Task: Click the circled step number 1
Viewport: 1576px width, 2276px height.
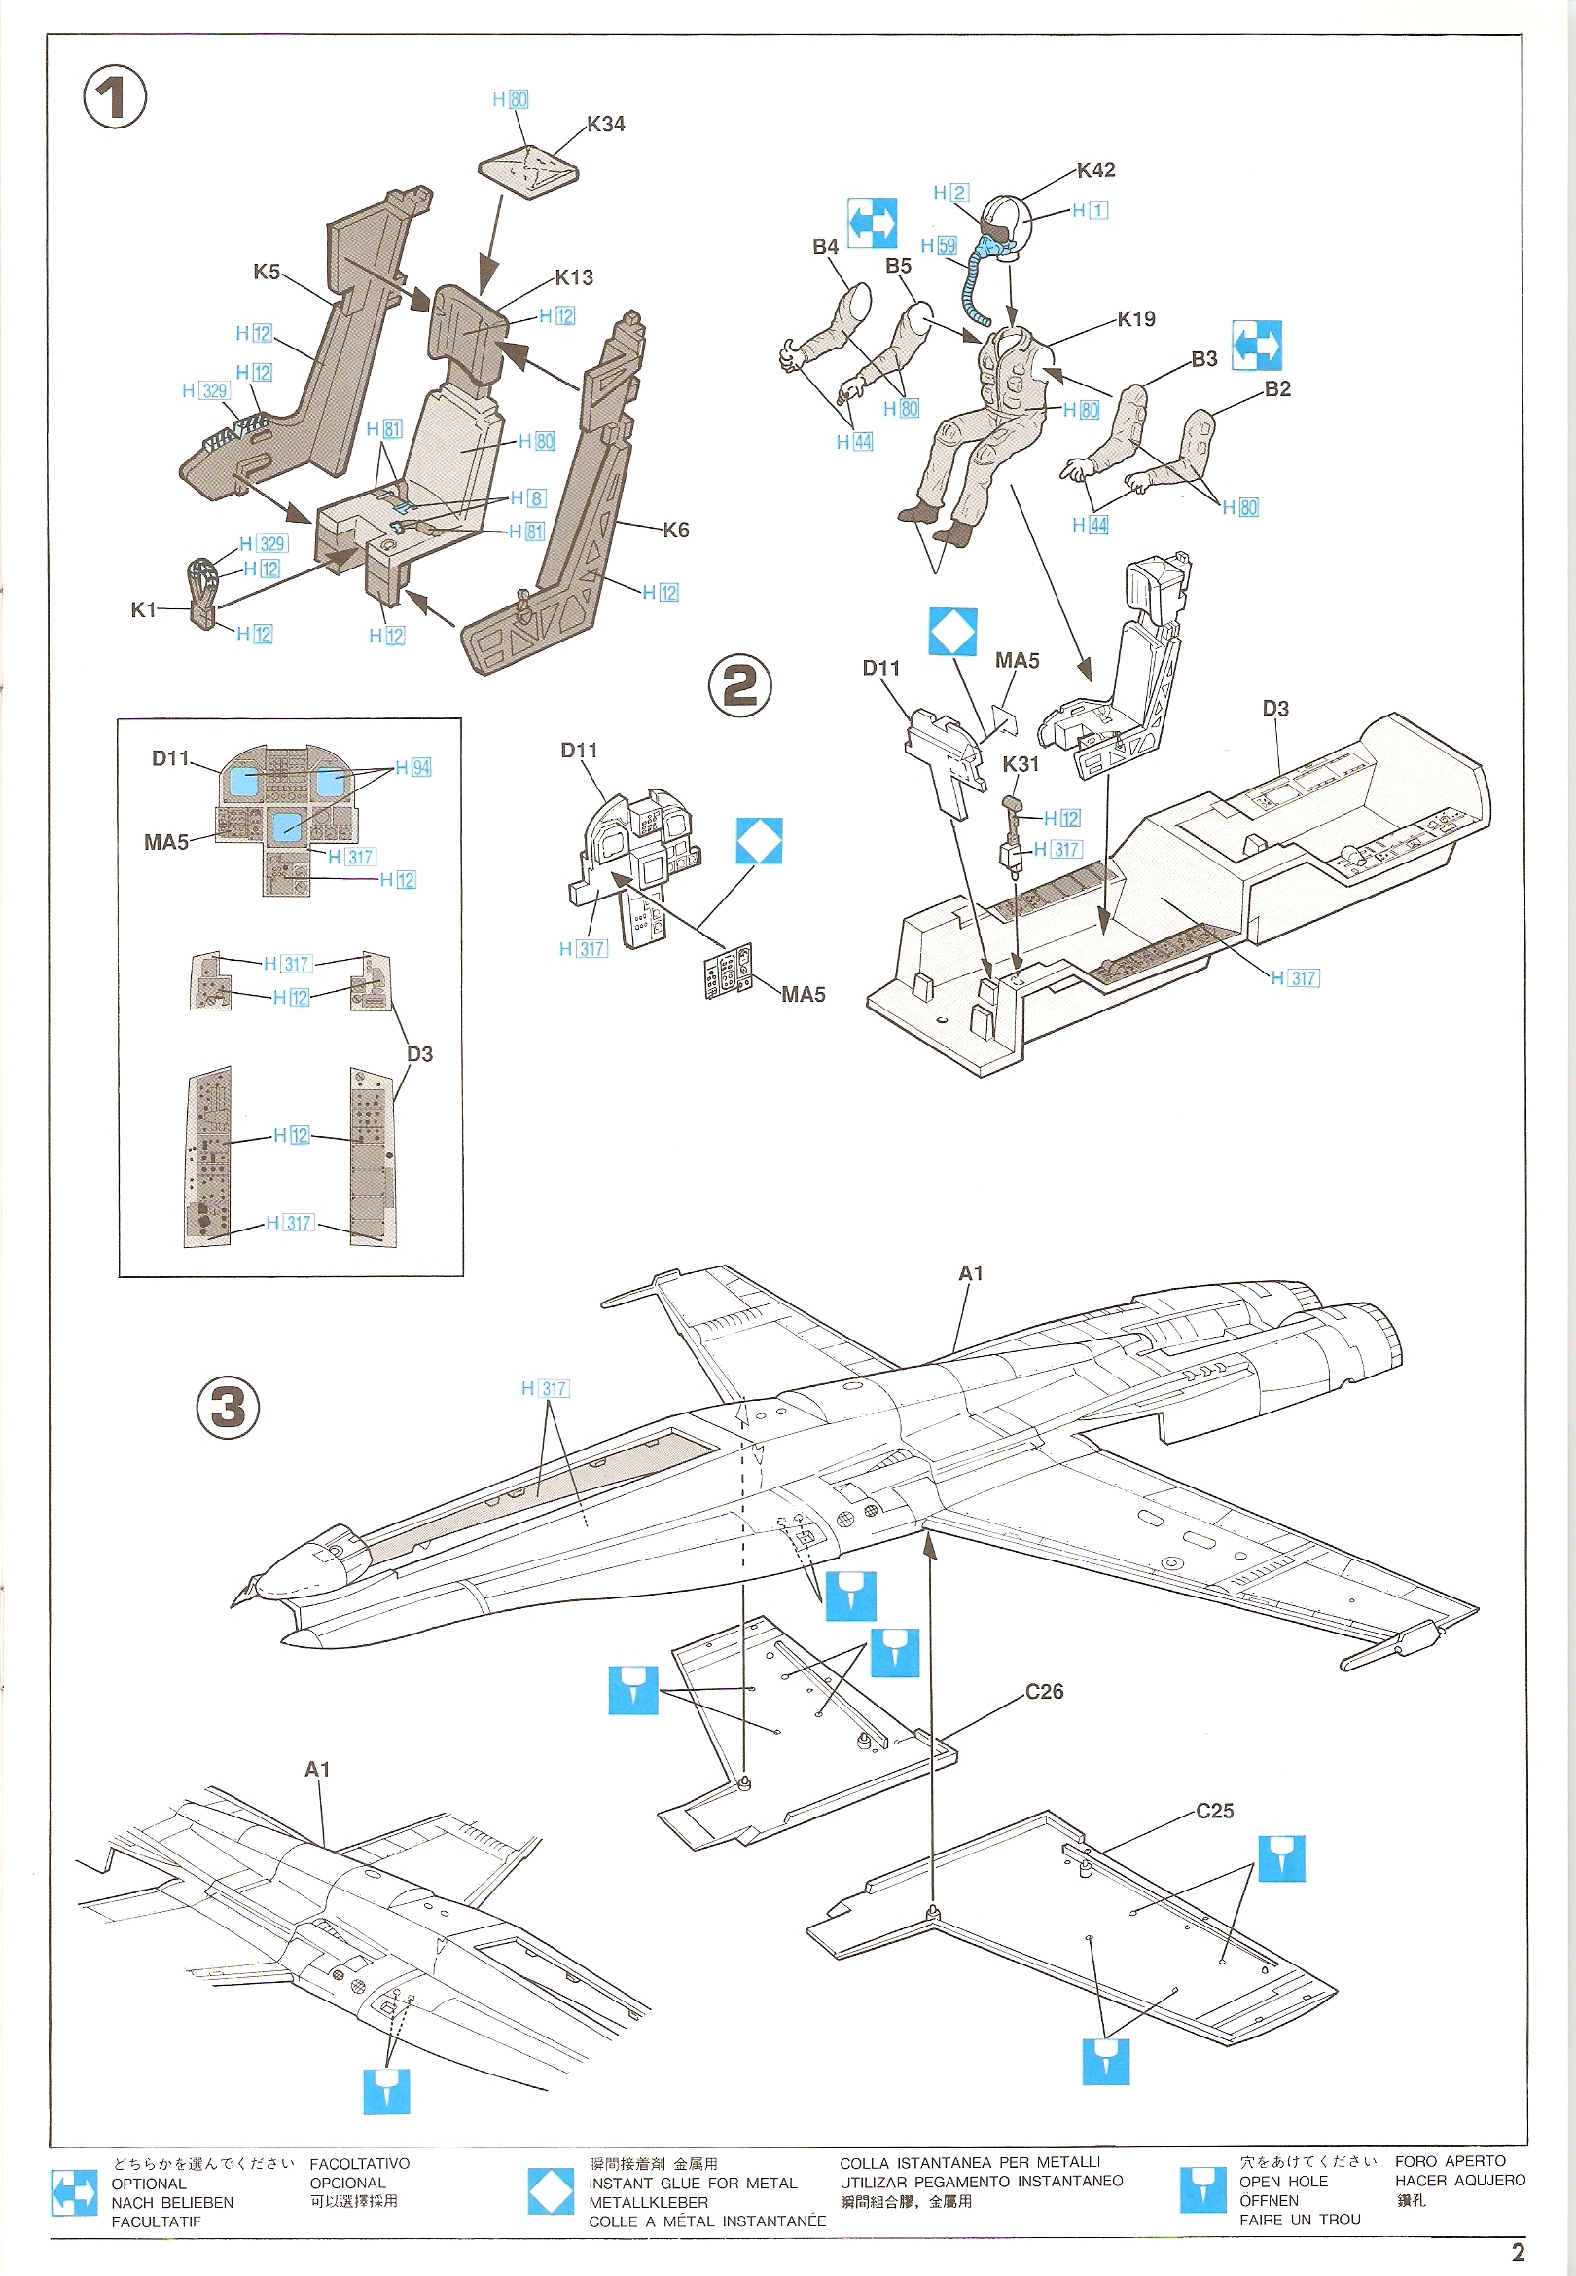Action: tap(115, 96)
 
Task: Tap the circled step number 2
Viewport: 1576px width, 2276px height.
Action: tap(739, 684)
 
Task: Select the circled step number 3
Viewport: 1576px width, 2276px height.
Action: tap(228, 1407)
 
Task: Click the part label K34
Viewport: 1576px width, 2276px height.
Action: tap(605, 125)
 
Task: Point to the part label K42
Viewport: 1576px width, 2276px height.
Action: tap(1095, 170)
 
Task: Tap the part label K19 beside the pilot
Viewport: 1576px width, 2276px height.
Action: tap(1135, 319)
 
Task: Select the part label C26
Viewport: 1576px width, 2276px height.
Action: tap(1044, 1691)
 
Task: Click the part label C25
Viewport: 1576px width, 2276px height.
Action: tap(1213, 1811)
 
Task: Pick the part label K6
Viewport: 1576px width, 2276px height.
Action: tap(675, 531)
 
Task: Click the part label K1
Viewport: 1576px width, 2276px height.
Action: tap(143, 609)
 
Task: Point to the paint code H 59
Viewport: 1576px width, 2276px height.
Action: tap(938, 246)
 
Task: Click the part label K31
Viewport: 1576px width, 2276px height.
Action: tap(1021, 763)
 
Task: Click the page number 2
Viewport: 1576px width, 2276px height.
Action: tap(1518, 2252)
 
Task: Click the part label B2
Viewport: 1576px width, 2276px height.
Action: tap(1276, 389)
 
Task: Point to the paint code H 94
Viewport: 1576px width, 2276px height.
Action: tap(412, 767)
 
